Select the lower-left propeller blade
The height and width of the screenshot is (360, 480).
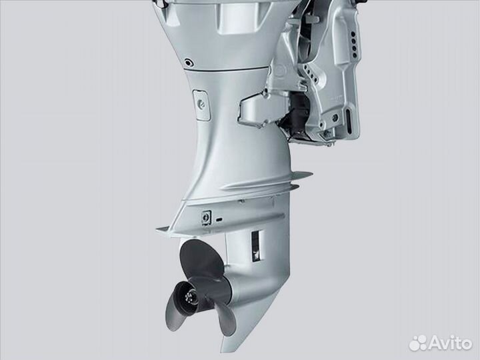click(x=172, y=309)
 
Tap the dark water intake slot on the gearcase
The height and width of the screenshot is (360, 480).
click(x=257, y=247)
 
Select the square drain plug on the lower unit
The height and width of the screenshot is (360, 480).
click(x=206, y=217)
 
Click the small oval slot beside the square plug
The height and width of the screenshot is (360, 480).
click(x=219, y=220)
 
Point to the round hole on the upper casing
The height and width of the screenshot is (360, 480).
click(x=189, y=63)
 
